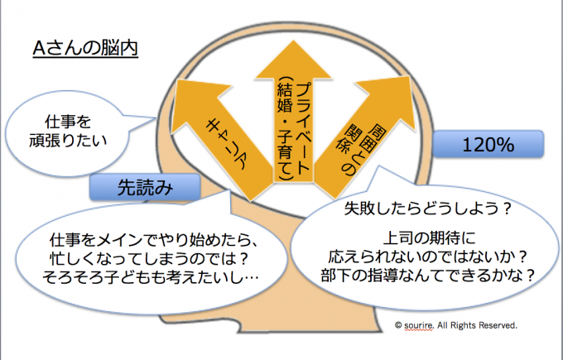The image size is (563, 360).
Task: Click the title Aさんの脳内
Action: pos(84,48)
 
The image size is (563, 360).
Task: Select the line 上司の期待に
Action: pos(423,234)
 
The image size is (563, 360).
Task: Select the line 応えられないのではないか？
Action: pos(423,254)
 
